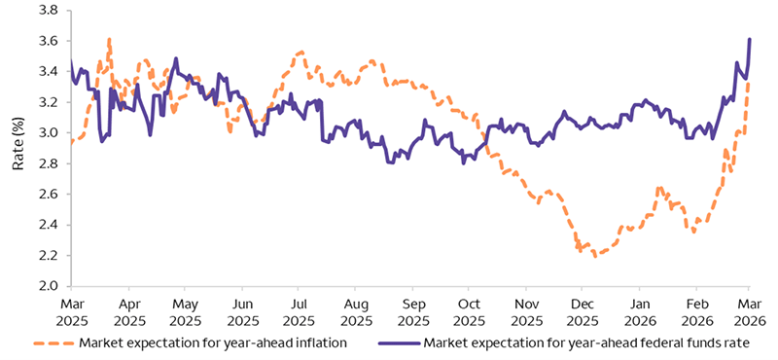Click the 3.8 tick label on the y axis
(x=46, y=10)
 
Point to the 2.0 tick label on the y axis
(x=46, y=286)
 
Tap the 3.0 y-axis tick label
(x=46, y=132)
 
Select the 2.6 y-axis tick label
(x=46, y=194)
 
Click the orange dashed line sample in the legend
(x=53, y=342)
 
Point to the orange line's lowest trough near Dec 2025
(x=594, y=256)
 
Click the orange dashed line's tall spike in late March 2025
(x=109, y=39)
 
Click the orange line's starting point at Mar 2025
(x=71, y=143)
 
